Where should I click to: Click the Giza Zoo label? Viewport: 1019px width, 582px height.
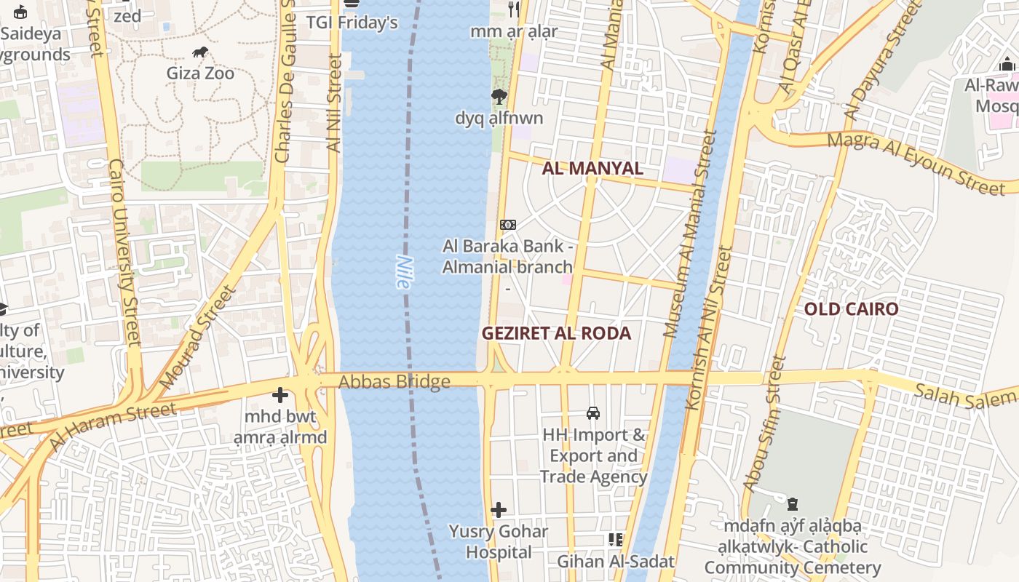pos(200,73)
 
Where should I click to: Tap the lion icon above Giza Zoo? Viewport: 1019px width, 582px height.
pos(200,52)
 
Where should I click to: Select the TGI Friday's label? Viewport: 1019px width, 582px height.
pos(352,23)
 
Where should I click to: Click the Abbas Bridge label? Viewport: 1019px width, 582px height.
pos(394,381)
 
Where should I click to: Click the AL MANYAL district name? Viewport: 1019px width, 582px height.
pos(592,169)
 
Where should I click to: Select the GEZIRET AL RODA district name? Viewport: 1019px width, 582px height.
pos(556,333)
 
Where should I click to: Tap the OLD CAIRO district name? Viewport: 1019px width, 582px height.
pos(851,308)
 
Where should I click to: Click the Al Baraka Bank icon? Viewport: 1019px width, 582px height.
pos(508,225)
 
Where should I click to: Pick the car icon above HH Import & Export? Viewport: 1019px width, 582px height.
pos(593,413)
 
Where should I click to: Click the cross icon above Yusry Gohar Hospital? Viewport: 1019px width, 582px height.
pos(499,510)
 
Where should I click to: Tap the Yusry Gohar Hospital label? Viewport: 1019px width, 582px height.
pos(499,541)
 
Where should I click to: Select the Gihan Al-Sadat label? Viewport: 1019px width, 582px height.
pos(616,561)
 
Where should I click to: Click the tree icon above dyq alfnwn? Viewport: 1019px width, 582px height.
pos(499,96)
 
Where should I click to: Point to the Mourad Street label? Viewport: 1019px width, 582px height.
pos(198,337)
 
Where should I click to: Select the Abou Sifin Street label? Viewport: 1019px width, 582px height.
pos(764,423)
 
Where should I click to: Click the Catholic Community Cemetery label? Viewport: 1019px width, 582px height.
pos(793,546)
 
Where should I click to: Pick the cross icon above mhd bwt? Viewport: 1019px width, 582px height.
pos(280,396)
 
